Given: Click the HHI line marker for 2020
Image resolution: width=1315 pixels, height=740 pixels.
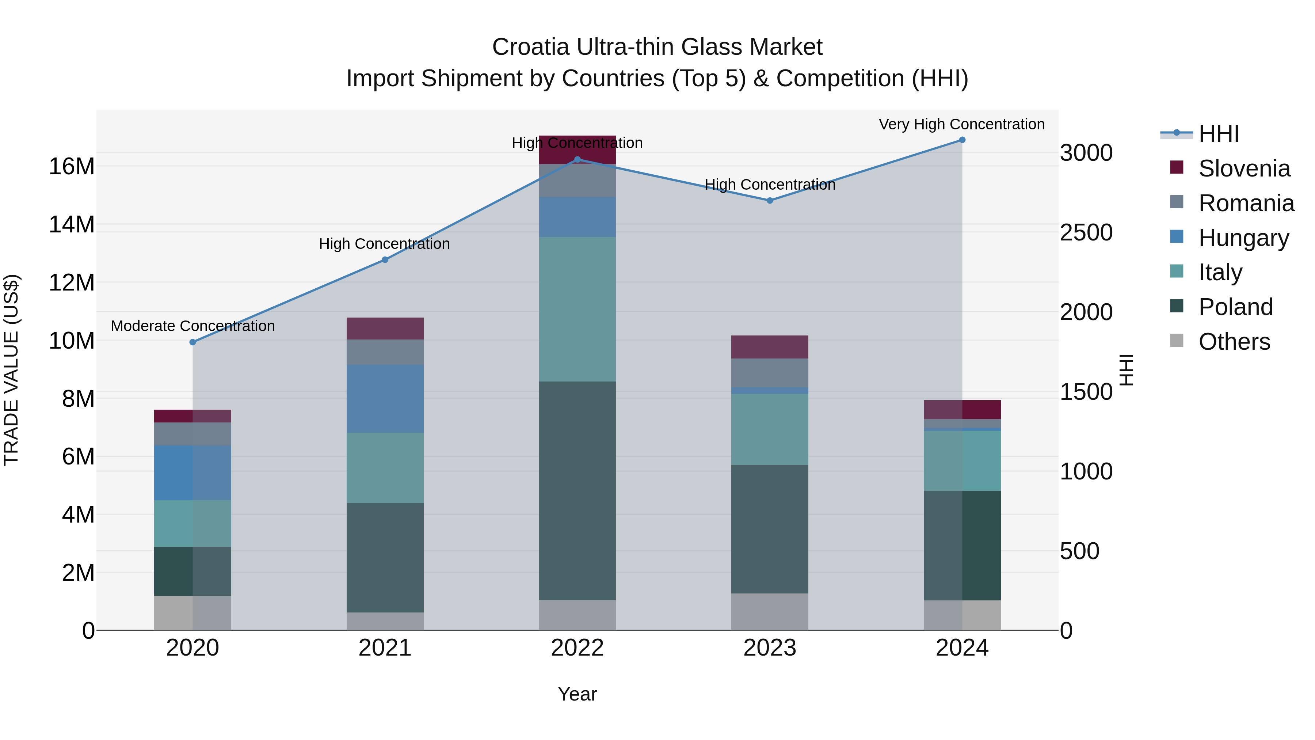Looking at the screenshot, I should [193, 342].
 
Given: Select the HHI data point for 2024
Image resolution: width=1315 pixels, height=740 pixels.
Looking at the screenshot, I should [962, 140].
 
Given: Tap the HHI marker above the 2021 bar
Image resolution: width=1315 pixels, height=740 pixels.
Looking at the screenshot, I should [385, 260].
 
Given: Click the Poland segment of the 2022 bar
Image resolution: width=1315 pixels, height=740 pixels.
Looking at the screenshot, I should [578, 490].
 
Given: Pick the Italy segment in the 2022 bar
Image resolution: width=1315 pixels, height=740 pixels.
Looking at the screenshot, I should [578, 309].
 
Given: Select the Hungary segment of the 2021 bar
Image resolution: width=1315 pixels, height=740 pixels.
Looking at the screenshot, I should [385, 398].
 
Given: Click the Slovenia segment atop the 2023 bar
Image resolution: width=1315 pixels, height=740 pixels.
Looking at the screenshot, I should [769, 347].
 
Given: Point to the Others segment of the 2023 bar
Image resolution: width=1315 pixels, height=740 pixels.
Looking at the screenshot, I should [769, 611].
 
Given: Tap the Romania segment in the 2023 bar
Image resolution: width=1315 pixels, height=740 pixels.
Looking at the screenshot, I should [769, 373].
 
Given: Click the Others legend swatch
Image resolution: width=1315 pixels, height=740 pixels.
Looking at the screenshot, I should [1177, 340].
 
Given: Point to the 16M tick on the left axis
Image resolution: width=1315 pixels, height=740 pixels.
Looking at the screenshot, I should [72, 167].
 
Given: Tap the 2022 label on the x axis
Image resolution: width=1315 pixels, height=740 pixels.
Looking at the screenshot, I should [578, 648].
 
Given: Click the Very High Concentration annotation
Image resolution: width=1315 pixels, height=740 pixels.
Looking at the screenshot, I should [961, 125].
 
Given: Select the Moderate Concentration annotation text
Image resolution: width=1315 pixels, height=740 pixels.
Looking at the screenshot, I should [193, 326].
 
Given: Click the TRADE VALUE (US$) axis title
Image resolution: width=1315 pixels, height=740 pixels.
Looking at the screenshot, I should [11, 370].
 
